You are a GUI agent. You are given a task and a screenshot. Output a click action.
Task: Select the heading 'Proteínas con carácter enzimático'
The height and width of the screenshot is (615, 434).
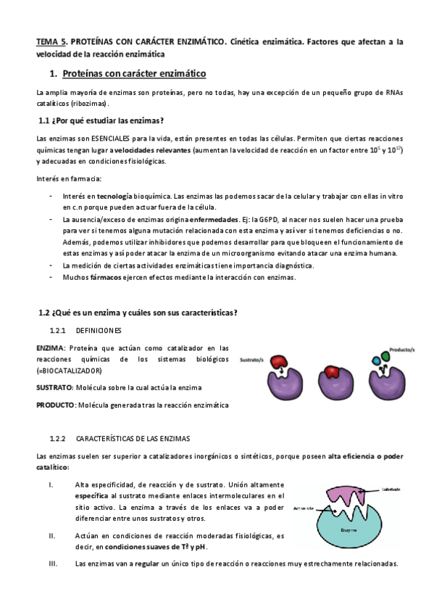[x=135, y=74]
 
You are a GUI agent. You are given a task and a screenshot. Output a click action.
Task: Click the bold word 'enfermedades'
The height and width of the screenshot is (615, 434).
[x=214, y=219]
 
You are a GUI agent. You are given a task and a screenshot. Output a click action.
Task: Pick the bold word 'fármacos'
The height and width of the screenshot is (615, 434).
[x=92, y=277]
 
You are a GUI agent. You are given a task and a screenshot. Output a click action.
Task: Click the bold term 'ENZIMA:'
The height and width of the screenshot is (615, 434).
[x=51, y=348]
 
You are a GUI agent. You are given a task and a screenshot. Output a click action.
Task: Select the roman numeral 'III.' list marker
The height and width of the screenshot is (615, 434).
[x=53, y=563]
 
